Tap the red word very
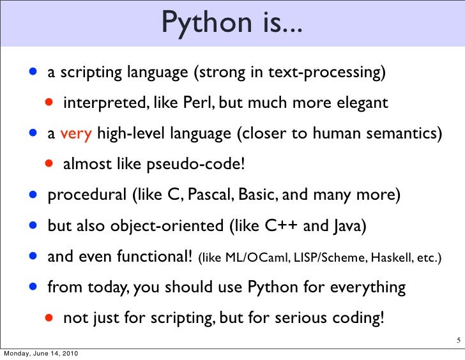click(77, 134)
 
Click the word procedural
click(86, 195)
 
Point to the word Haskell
click(388, 258)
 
